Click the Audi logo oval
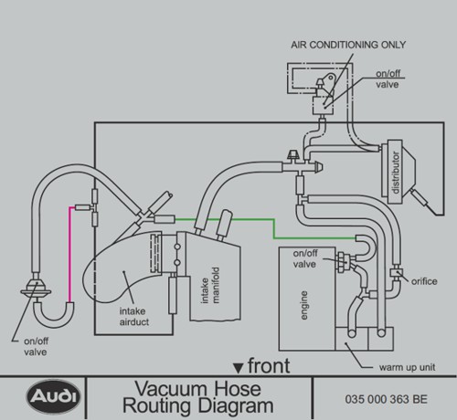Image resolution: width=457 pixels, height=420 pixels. (53, 396)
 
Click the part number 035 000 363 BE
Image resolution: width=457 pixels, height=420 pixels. (386, 399)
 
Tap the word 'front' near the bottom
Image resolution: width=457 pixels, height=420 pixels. (269, 365)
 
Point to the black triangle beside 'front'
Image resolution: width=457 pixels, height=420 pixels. (238, 368)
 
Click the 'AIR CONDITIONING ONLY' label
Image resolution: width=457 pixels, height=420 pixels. (348, 45)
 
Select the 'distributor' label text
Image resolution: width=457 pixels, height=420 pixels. (395, 173)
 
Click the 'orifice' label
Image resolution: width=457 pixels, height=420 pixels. (424, 281)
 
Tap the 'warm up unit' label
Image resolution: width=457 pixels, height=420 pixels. (407, 367)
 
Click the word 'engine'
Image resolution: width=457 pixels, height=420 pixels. (303, 305)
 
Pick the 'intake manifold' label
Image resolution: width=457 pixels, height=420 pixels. (210, 285)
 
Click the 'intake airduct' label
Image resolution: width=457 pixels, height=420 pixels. (134, 317)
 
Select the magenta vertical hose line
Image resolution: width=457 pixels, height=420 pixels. (70, 255)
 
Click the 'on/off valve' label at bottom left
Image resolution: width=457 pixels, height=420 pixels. (36, 347)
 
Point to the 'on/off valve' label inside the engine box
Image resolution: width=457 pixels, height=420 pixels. (305, 258)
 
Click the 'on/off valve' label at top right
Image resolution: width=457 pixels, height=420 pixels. (388, 79)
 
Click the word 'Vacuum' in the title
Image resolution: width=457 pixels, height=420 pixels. (198, 389)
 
